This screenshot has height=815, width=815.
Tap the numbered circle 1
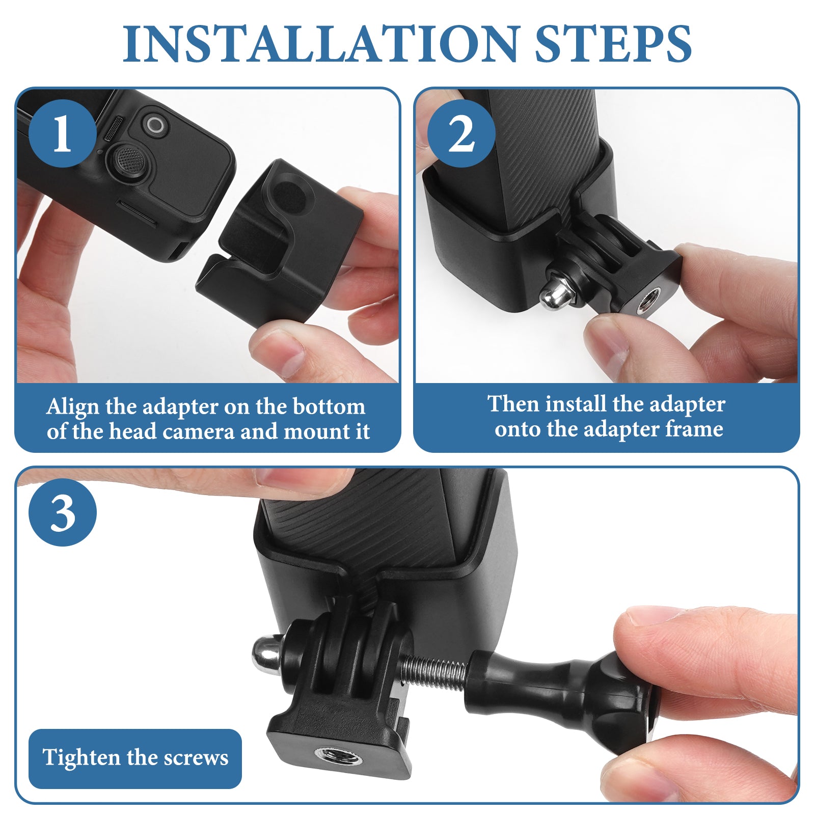[62, 133]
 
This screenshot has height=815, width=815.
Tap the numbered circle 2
[461, 133]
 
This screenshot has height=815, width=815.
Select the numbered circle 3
[62, 512]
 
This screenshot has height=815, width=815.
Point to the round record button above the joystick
[155, 125]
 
